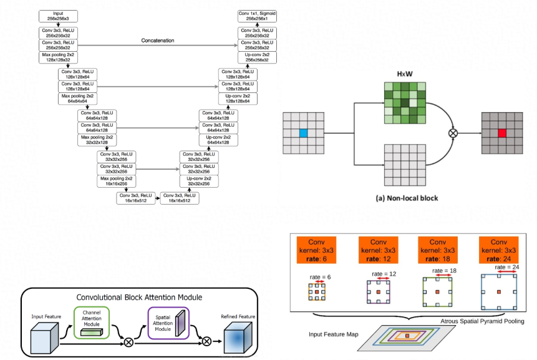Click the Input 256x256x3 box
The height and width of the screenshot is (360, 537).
(57, 15)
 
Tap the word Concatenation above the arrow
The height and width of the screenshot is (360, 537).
(157, 41)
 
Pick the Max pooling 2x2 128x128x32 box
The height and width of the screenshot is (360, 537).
(57, 58)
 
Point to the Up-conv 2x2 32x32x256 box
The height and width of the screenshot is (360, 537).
(199, 182)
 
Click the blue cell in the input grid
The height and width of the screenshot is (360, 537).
(304, 132)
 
